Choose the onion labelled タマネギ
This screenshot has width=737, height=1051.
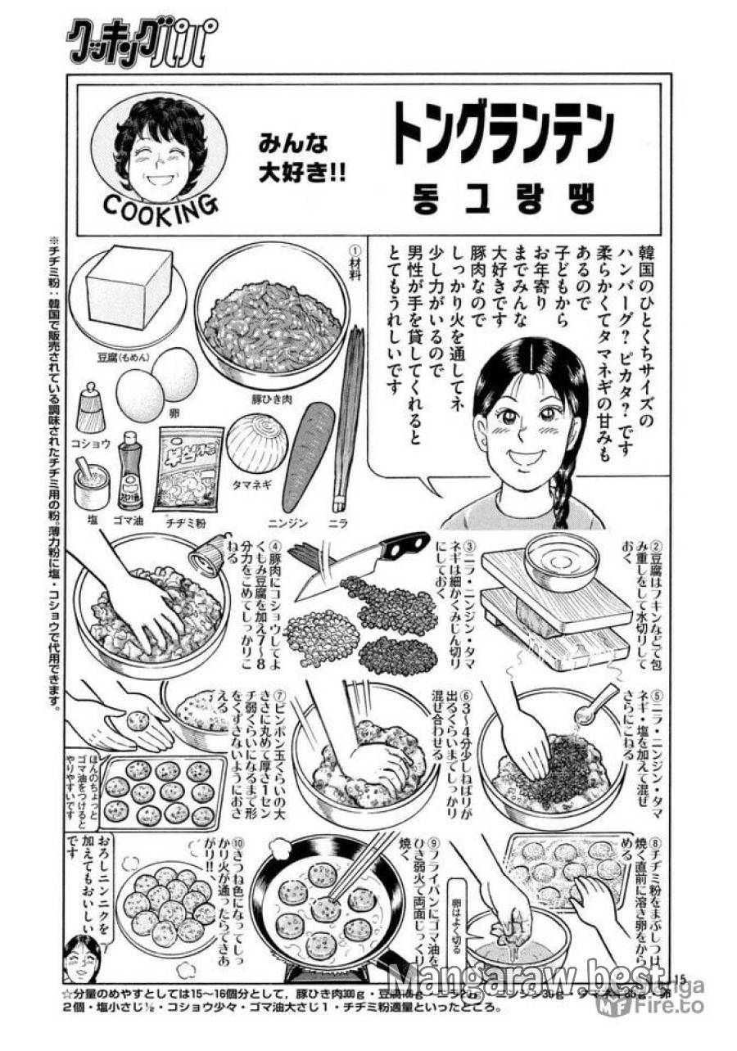256,443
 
